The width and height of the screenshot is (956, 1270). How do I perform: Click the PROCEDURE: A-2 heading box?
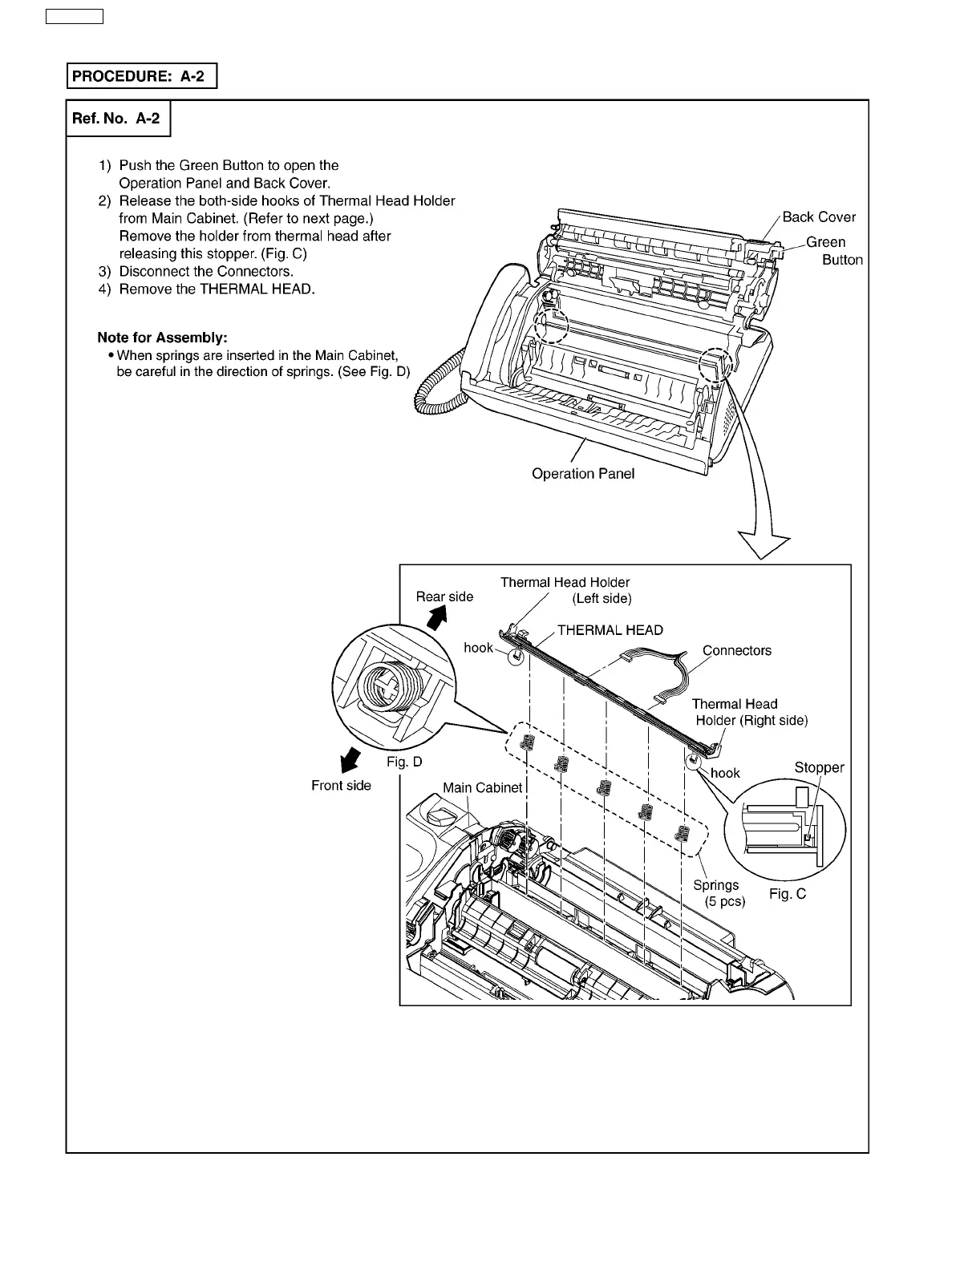141,76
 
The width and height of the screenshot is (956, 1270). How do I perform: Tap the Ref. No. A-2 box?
118,119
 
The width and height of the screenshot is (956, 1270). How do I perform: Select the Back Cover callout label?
818,216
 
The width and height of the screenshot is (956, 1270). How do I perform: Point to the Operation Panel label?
582,473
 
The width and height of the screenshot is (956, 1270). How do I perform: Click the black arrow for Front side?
349,758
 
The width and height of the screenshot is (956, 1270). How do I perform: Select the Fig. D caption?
403,761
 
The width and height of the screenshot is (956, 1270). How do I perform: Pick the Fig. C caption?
787,893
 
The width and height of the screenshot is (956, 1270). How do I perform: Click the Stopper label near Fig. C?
819,767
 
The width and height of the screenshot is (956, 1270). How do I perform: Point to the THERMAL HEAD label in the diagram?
610,629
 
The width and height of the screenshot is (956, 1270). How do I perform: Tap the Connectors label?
736,650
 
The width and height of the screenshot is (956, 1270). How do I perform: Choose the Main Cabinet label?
482,787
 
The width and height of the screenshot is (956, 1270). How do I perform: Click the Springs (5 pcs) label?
719,893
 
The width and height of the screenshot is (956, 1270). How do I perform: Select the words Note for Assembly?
162,338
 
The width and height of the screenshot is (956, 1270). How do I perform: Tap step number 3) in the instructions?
105,271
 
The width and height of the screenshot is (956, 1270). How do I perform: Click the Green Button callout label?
832,250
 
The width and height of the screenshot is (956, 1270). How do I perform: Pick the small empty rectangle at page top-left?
75,17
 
